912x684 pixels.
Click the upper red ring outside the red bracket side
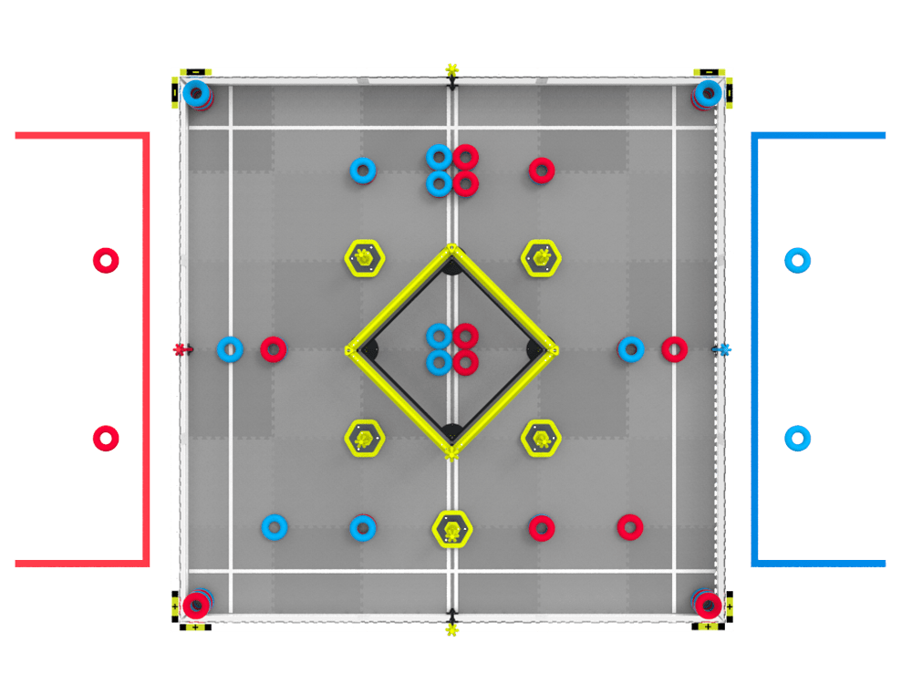[x=106, y=261]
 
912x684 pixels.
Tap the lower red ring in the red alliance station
[x=106, y=439]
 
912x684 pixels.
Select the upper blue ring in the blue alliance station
[x=798, y=261]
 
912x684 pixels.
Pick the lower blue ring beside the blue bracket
[x=798, y=439]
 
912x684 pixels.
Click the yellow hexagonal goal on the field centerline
[x=452, y=529]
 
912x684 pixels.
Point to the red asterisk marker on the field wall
[x=181, y=349]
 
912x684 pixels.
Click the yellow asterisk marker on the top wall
[x=451, y=68]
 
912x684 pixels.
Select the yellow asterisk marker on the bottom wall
[x=451, y=630]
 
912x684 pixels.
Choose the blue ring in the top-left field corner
[x=196, y=92]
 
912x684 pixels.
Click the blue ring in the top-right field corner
[x=708, y=92]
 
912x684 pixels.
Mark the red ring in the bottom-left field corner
[x=196, y=605]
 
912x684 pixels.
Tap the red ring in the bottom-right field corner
[x=708, y=605]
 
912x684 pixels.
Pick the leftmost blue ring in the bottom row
[x=275, y=527]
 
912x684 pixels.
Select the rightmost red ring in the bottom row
[x=629, y=527]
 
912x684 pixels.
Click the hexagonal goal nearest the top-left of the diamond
[x=365, y=258]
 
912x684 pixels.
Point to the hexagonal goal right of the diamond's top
[x=541, y=258]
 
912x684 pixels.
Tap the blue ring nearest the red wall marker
[x=230, y=348]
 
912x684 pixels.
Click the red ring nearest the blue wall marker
[x=674, y=348]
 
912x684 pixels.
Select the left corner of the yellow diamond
[x=351, y=349]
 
